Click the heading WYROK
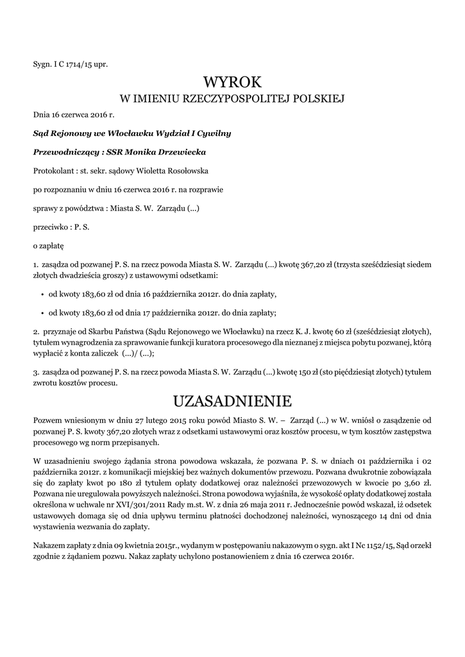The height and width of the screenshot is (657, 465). click(x=232, y=82)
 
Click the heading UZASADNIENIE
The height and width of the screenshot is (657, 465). click(x=232, y=401)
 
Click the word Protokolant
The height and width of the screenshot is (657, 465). click(x=53, y=171)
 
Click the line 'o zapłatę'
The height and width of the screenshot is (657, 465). click(x=49, y=245)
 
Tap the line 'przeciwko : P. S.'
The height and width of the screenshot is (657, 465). click(x=62, y=226)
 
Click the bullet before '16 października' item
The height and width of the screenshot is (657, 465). click(x=42, y=294)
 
